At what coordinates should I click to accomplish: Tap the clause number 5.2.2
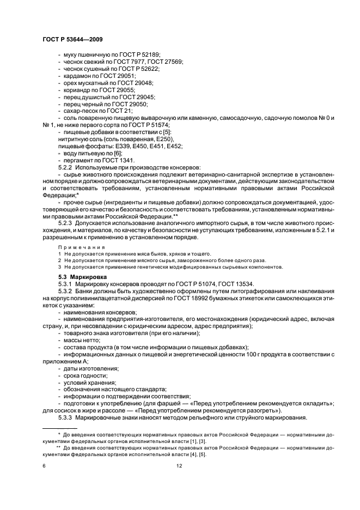click(x=66, y=168)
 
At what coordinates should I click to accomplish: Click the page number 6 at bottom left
click(x=45, y=466)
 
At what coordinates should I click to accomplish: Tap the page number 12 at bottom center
click(x=180, y=466)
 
